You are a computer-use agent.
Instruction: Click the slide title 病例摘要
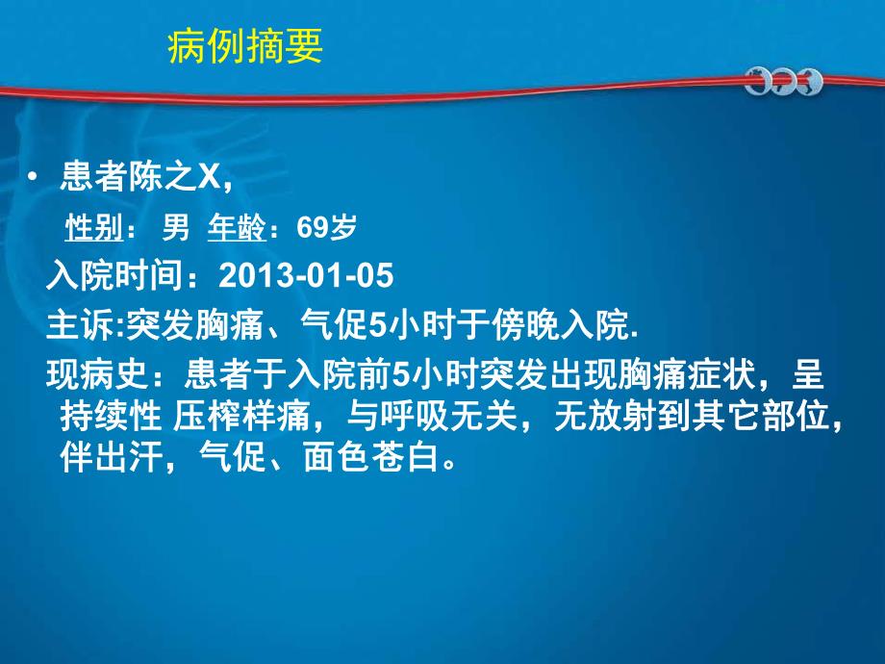[x=245, y=45]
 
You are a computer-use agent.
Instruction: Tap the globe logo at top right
[x=783, y=82]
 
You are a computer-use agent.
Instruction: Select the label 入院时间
[x=114, y=277]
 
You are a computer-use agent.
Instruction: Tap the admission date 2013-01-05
[x=306, y=277]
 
